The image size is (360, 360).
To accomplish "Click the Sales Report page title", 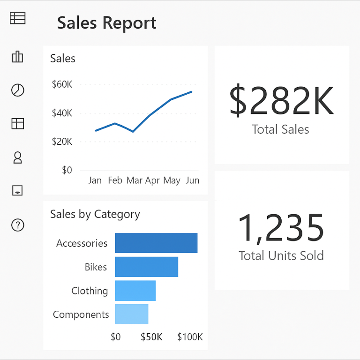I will pos(107,23).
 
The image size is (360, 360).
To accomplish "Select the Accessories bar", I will pos(156,243).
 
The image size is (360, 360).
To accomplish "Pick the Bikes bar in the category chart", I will pos(146,267).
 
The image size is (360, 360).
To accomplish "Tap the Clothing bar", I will pos(135,291).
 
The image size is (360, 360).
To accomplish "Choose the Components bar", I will pos(131,314).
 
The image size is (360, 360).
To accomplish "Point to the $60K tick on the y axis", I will pos(62,84).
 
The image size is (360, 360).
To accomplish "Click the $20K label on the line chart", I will pos(62,141).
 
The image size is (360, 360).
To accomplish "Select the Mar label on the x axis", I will pos(135,180).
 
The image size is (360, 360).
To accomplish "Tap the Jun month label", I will pos(192,180).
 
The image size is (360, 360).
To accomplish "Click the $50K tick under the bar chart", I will pos(151,337).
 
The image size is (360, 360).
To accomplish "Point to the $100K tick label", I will pos(190,337).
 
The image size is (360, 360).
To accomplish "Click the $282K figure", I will pos(281,101).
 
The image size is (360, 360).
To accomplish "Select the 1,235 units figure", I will pos(281,228).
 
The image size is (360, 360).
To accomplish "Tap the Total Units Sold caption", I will pos(281,255).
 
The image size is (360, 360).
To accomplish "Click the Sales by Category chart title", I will pos(95,214).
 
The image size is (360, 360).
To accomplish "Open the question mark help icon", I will pos(17,225).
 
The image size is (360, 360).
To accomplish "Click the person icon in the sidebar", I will pos(17,157).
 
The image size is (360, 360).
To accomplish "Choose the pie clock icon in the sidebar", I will pos(17,90).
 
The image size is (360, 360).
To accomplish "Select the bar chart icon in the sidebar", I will pos(17,57).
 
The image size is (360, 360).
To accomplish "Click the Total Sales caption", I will pos(281,129).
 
